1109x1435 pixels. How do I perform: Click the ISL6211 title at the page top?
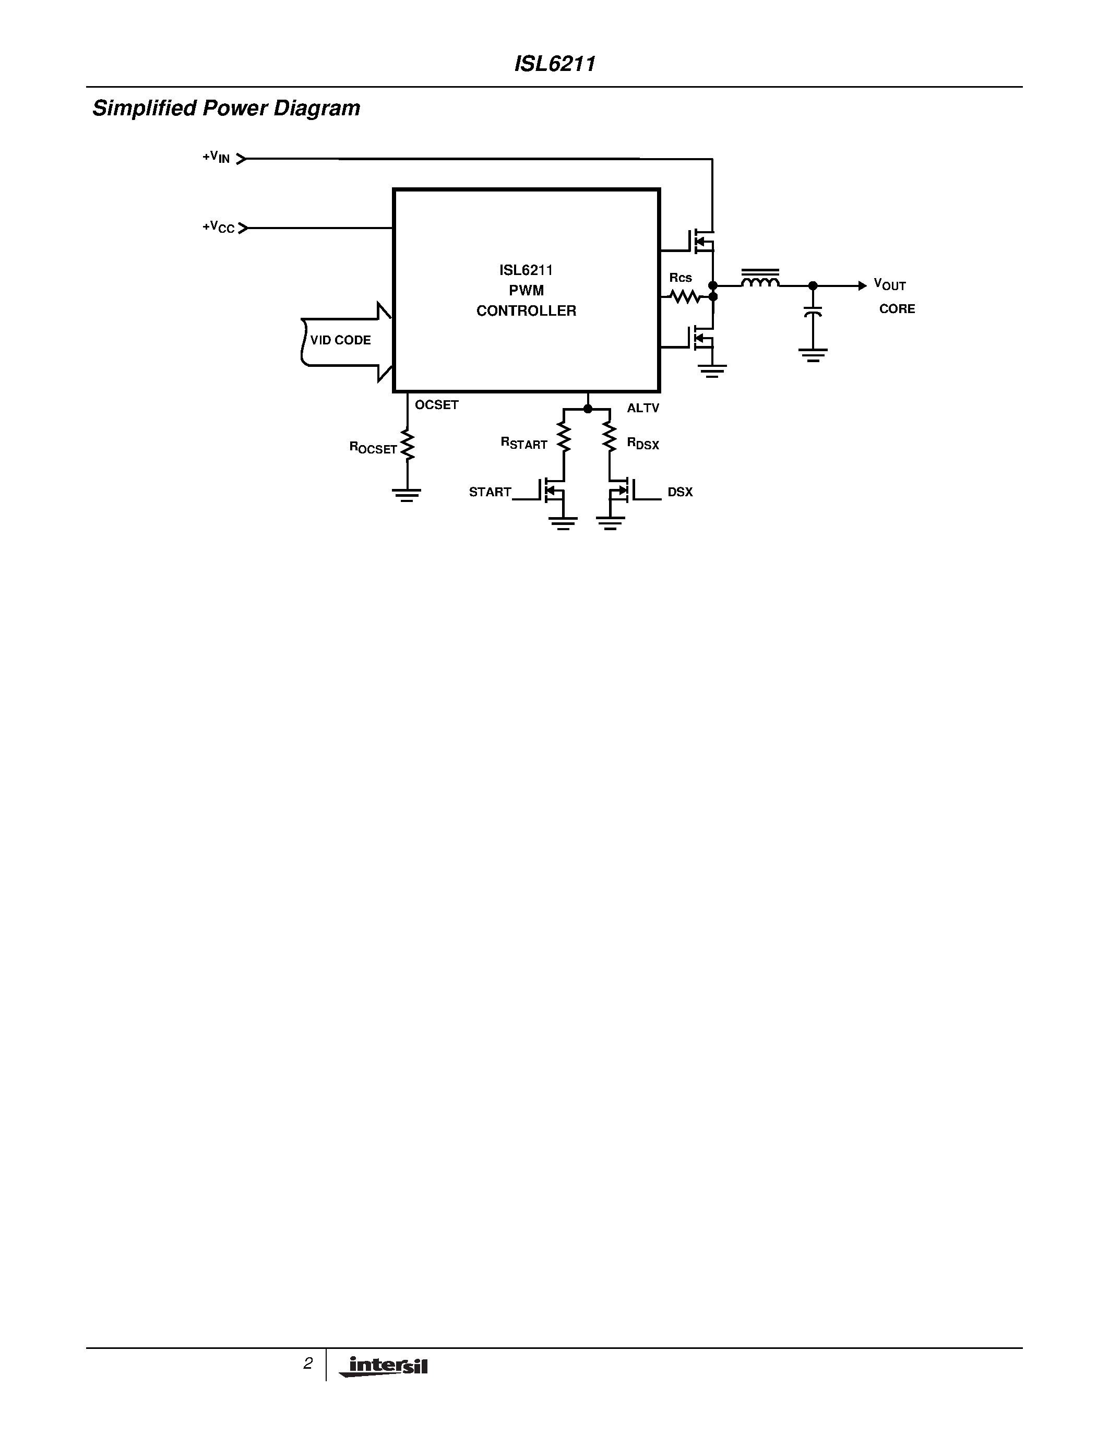(x=554, y=64)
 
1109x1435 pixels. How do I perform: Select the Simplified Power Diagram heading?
(x=226, y=108)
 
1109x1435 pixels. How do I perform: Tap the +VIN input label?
(x=216, y=158)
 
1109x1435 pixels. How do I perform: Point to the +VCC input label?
(x=218, y=228)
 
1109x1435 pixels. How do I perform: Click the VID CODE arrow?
(x=345, y=340)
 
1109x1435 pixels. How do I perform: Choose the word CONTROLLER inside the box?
(x=526, y=311)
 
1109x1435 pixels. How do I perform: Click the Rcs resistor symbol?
(x=685, y=297)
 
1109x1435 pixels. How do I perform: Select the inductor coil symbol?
(x=760, y=281)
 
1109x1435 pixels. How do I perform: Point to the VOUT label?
(x=890, y=284)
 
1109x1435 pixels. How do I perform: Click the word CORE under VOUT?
(x=897, y=309)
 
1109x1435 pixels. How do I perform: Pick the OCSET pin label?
(x=436, y=405)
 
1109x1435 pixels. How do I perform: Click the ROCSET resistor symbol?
(x=408, y=446)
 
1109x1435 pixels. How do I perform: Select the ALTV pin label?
(x=642, y=408)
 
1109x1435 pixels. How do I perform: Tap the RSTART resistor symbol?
(x=564, y=436)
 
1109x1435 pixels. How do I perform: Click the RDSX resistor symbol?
(x=610, y=436)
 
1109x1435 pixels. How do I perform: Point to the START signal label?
(x=490, y=492)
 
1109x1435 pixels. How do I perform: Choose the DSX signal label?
(x=680, y=492)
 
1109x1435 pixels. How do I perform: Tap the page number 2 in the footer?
(x=307, y=1364)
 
